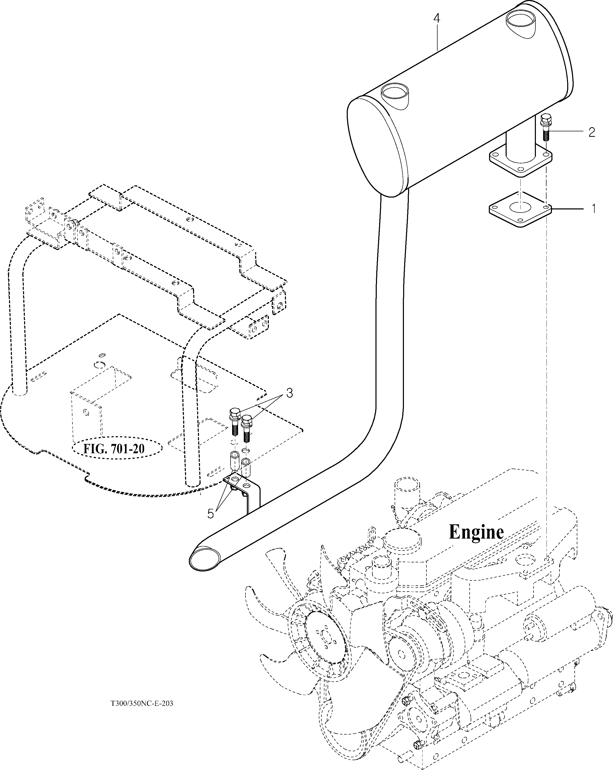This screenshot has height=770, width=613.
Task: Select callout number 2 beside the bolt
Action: point(592,132)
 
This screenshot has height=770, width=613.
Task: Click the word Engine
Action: point(476,532)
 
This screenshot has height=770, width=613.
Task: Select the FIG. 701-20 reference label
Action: point(114,448)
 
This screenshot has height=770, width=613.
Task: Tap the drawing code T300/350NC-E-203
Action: point(142,704)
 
